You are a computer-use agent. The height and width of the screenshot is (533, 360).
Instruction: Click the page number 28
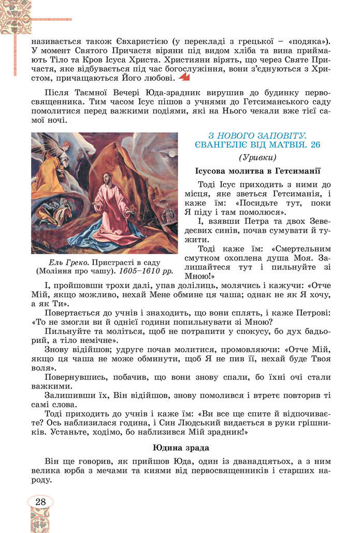[x=40, y=501]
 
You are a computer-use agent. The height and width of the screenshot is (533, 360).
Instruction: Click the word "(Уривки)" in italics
[x=258, y=157]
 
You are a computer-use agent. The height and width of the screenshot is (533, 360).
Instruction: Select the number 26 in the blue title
[x=314, y=145]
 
